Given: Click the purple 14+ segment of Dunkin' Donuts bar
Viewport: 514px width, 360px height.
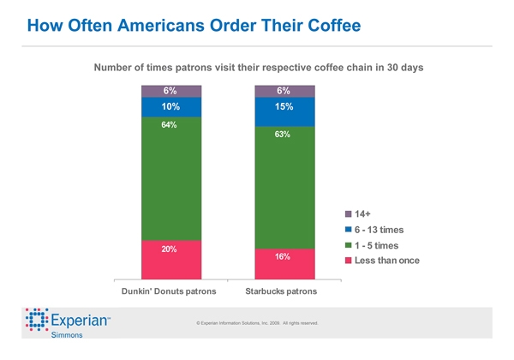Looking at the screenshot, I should click(x=171, y=91).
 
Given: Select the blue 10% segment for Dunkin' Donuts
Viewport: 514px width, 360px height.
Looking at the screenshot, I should click(x=171, y=106).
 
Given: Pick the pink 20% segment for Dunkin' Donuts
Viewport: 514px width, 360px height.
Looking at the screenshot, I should click(x=171, y=259).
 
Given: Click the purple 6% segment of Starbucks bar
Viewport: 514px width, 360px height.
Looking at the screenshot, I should click(x=285, y=91).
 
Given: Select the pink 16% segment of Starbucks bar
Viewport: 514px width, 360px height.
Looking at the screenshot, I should click(x=285, y=264).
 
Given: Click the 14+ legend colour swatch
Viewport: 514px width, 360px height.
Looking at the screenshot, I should click(x=349, y=213).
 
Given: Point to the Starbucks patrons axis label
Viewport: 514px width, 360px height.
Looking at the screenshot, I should click(x=285, y=292).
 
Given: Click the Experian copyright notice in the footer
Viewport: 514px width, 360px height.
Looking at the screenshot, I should click(x=257, y=323).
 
